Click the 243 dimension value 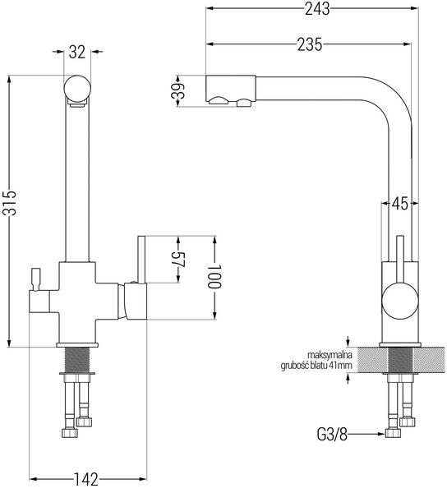[317, 9]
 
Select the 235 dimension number [310, 44]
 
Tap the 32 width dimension [77, 53]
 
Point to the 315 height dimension [12, 203]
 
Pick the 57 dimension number [180, 260]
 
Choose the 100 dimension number [215, 277]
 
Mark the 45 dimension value [399, 204]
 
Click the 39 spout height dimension [177, 91]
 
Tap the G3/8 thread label [332, 435]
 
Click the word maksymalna [329, 356]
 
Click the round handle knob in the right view [400, 300]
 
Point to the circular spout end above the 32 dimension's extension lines [77, 89]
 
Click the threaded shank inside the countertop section [400, 360]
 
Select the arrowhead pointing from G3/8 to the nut [381, 434]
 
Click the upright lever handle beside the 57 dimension [141, 260]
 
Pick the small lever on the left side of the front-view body [35, 279]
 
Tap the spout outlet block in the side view [230, 90]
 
